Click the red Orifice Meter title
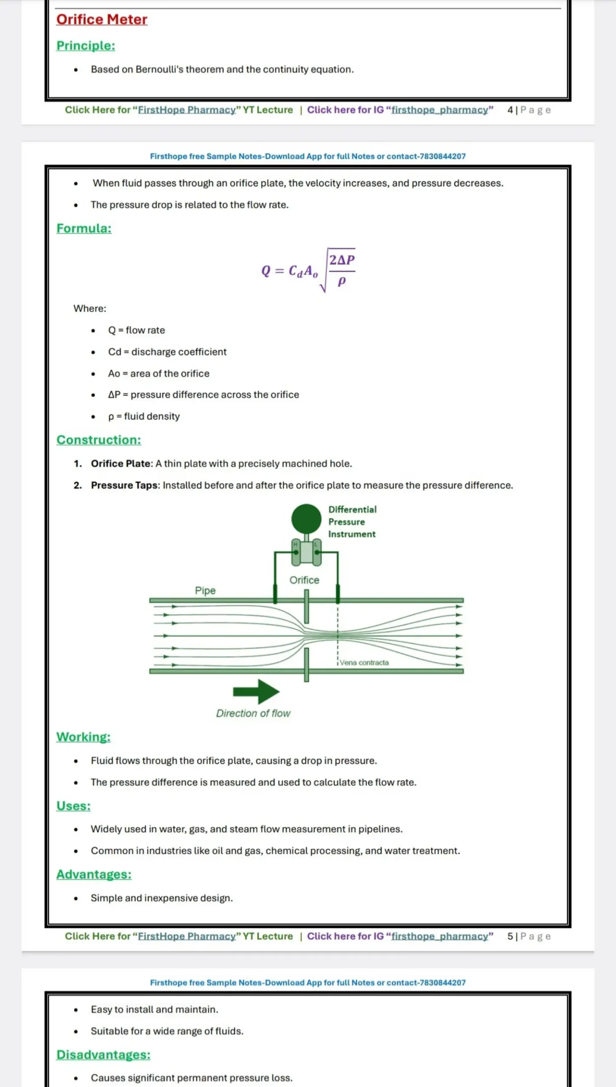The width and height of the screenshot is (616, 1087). pyautogui.click(x=102, y=20)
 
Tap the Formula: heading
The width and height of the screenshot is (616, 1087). pyautogui.click(x=84, y=228)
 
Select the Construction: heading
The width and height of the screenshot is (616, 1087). pyautogui.click(x=99, y=440)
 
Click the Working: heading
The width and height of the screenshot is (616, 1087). pyautogui.click(x=83, y=737)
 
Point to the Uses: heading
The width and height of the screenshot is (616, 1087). pyautogui.click(x=73, y=805)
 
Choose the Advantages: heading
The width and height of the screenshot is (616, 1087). pyautogui.click(x=94, y=874)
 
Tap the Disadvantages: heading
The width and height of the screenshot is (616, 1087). pyautogui.click(x=103, y=1055)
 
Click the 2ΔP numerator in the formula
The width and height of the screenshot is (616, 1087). pyautogui.click(x=342, y=260)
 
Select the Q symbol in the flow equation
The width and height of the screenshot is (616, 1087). pyautogui.click(x=266, y=271)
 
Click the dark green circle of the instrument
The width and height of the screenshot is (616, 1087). pyautogui.click(x=306, y=518)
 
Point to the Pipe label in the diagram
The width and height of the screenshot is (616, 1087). pyautogui.click(x=205, y=591)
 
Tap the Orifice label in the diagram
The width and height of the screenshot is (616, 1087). pyautogui.click(x=304, y=580)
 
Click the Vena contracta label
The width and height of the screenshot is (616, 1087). pyautogui.click(x=364, y=662)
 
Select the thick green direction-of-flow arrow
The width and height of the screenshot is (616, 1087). pyautogui.click(x=256, y=692)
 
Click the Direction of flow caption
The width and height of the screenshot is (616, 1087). pyautogui.click(x=253, y=713)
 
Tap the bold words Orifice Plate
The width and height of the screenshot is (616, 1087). pyautogui.click(x=121, y=464)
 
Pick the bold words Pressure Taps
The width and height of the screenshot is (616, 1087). pyautogui.click(x=124, y=485)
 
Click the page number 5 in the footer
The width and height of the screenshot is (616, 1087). pyautogui.click(x=510, y=936)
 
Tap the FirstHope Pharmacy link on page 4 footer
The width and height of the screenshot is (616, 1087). pyautogui.click(x=187, y=110)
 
